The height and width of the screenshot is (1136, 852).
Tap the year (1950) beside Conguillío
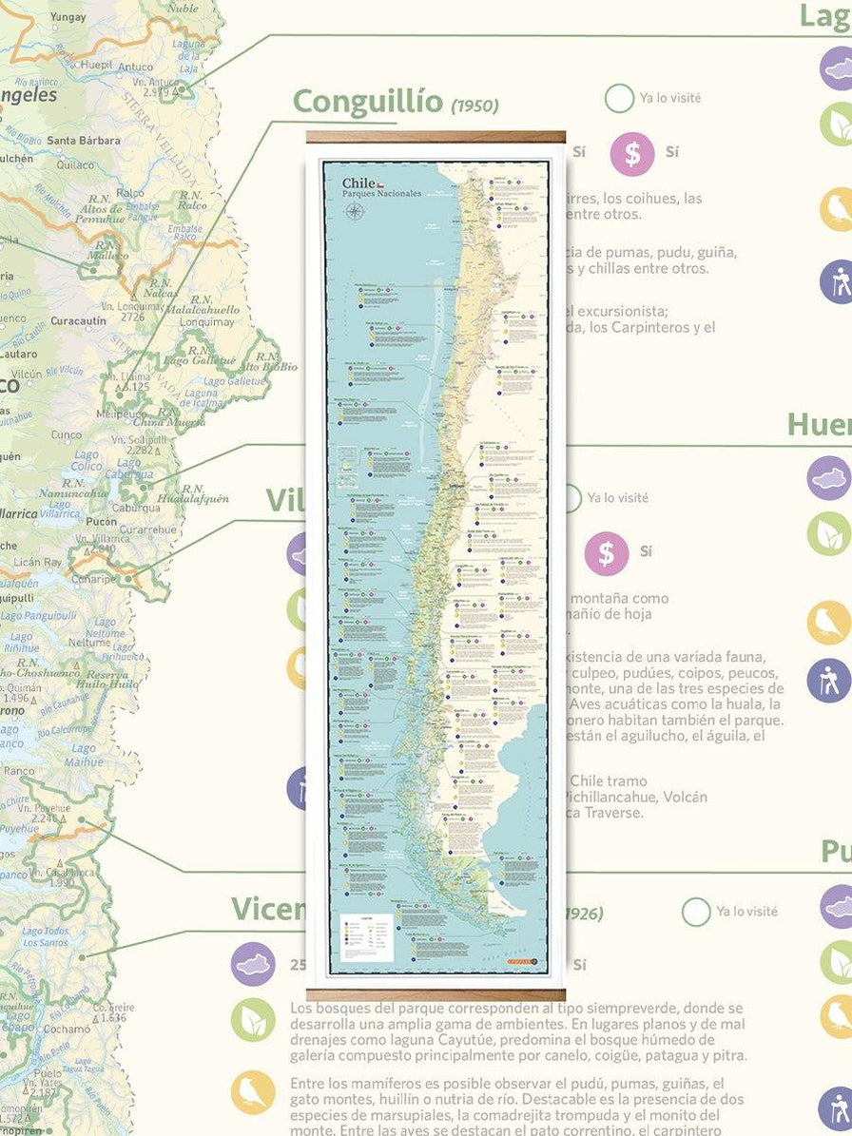pyautogui.click(x=474, y=105)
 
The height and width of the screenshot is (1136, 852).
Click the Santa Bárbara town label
pyautogui.click(x=84, y=141)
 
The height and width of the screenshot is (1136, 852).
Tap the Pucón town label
pyautogui.click(x=101, y=521)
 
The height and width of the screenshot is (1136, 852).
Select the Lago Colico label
pyautogui.click(x=86, y=460)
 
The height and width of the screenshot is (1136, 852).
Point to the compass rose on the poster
pyautogui.click(x=356, y=212)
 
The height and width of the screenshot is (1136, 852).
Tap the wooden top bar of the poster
pyautogui.click(x=436, y=137)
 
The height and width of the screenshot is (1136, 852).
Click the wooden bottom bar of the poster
pyautogui.click(x=436, y=994)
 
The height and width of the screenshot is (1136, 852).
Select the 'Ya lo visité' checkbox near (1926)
pyautogui.click(x=696, y=912)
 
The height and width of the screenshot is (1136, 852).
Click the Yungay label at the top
pyautogui.click(x=68, y=17)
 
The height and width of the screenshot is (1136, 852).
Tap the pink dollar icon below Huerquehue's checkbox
pyautogui.click(x=606, y=553)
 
